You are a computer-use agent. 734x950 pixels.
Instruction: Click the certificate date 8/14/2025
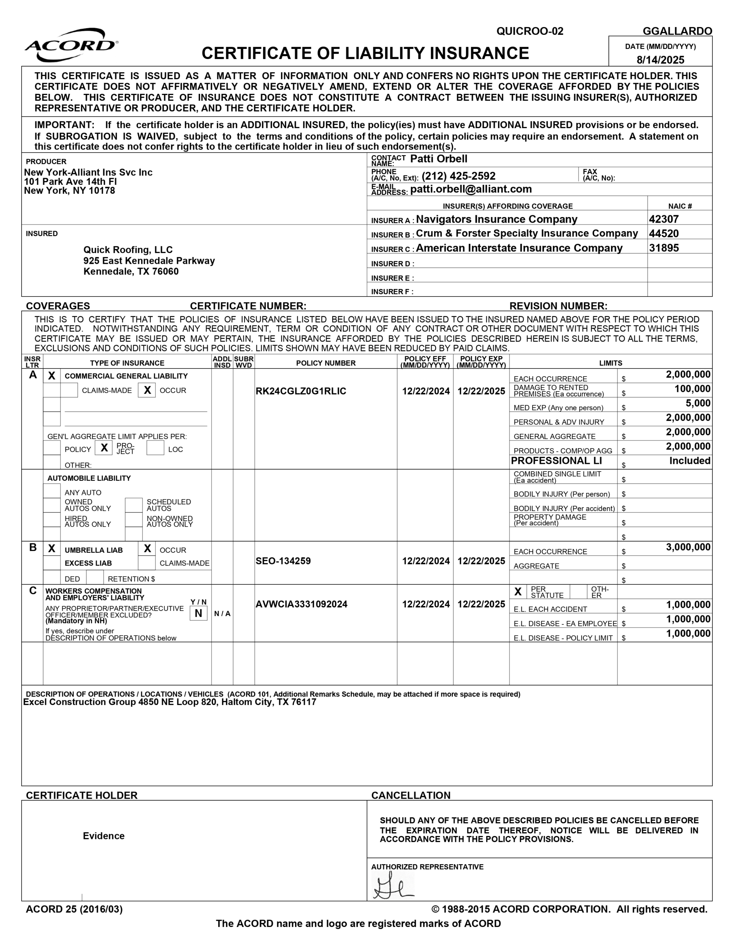(660, 60)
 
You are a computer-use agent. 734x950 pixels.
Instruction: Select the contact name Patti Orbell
(438, 159)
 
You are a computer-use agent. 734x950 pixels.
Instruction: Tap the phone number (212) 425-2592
(458, 176)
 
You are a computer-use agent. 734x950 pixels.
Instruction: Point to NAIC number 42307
(663, 219)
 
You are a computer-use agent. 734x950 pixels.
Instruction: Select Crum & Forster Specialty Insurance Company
(527, 233)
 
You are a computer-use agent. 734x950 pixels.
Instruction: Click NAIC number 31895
(663, 248)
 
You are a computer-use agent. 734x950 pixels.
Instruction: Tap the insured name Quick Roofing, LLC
(128, 250)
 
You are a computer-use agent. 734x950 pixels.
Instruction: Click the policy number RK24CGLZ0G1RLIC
(301, 391)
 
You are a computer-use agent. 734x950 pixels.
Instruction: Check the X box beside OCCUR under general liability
(147, 390)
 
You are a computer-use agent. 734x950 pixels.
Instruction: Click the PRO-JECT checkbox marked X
(104, 448)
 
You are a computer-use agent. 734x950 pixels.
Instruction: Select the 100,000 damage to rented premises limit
(692, 389)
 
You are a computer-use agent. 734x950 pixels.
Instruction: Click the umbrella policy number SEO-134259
(283, 561)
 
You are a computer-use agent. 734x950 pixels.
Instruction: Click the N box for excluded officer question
(199, 613)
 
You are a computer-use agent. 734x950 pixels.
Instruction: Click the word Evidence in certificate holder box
(104, 836)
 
